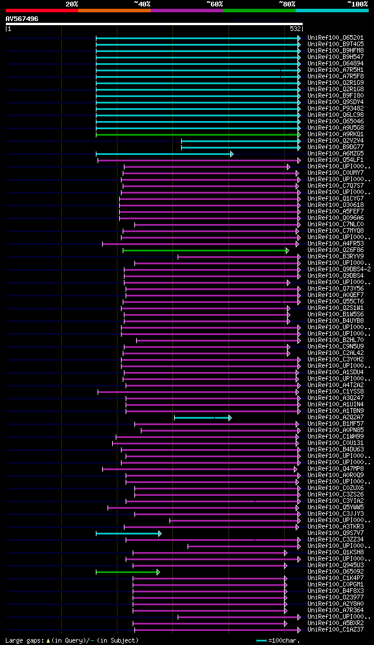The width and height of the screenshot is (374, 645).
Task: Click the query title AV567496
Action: click(x=22, y=19)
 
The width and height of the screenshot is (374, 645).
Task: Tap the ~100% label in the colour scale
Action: click(x=357, y=4)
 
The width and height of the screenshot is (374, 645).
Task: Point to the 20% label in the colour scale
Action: click(x=72, y=4)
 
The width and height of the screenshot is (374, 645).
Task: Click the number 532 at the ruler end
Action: click(x=296, y=29)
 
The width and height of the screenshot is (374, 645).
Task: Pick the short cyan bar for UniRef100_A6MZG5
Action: click(x=164, y=154)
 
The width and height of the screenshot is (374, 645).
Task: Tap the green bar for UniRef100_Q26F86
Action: click(x=205, y=250)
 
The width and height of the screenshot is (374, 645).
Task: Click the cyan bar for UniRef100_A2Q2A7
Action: click(x=202, y=418)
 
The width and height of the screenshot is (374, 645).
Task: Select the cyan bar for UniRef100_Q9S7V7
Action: click(x=128, y=533)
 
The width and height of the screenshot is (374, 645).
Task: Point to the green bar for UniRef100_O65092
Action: click(x=127, y=572)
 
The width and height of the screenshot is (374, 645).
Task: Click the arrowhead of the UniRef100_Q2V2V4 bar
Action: click(x=299, y=141)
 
